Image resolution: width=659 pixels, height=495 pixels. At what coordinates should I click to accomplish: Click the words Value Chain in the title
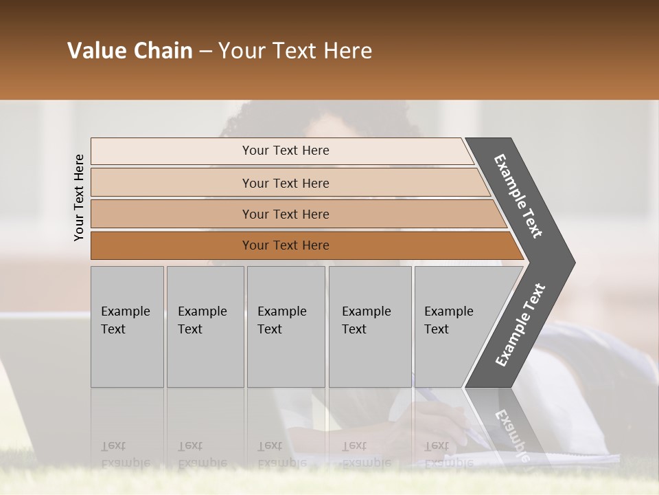tap(130, 51)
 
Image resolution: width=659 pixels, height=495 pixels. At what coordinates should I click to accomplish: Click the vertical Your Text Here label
tap(79, 197)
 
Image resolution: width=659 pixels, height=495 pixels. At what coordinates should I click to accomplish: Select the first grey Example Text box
tap(127, 327)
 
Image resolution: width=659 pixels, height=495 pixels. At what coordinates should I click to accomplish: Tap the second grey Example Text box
tap(205, 327)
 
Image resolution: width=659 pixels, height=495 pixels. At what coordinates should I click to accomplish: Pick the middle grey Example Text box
tap(286, 327)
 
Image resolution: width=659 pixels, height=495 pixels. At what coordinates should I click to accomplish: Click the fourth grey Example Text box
tap(370, 327)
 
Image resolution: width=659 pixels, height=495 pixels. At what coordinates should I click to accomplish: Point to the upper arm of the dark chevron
tap(518, 195)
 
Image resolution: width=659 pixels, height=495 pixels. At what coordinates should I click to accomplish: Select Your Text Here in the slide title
tap(295, 51)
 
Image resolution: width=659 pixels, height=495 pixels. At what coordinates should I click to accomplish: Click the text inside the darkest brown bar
tap(286, 245)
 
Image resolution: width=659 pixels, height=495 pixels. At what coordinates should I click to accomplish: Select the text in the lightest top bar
tap(286, 151)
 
